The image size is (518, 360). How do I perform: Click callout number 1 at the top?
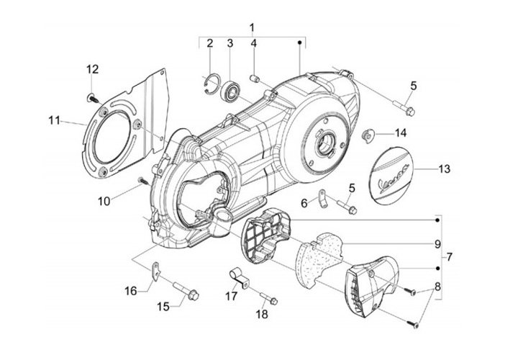(253, 27)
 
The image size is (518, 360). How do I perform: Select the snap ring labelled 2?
(208, 84)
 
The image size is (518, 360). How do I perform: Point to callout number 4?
(254, 44)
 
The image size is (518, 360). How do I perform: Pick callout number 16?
(130, 291)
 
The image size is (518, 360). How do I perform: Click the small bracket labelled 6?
(322, 194)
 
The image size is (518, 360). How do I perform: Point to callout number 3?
(230, 44)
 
